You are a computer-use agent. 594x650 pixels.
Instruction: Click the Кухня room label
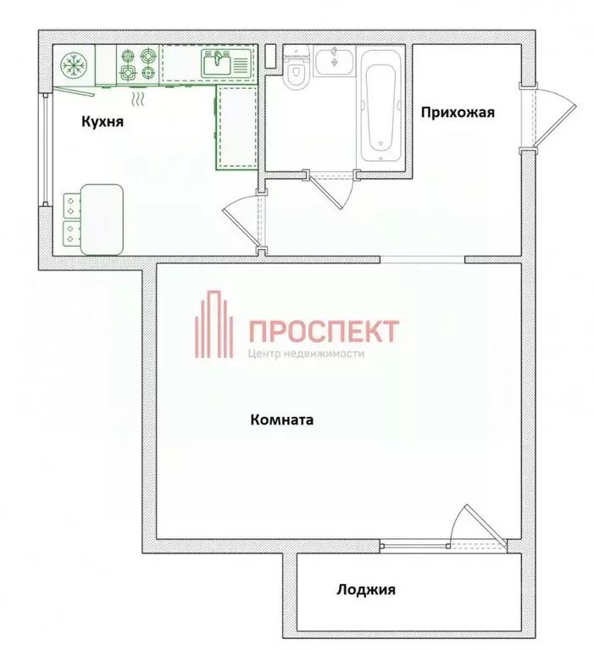[103, 121]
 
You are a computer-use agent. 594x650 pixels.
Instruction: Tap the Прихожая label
[458, 112]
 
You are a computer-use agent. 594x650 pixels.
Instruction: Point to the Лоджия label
[365, 590]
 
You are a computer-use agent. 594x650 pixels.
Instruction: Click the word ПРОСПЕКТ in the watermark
[323, 330]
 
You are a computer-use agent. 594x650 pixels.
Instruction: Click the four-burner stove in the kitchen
[137, 64]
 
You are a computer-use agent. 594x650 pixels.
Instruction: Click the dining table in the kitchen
[102, 218]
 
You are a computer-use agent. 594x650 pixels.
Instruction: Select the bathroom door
[332, 191]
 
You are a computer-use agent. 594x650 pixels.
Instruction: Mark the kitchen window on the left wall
[44, 148]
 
